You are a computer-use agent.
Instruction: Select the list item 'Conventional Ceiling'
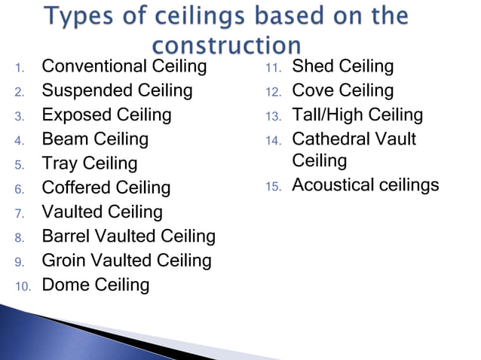[124, 67]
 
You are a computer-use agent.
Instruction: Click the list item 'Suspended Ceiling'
[117, 91]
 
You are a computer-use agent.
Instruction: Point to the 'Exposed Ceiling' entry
[106, 115]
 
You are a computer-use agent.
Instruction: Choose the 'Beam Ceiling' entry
[95, 139]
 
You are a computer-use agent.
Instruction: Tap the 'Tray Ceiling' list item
[89, 163]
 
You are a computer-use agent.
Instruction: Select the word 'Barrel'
[64, 236]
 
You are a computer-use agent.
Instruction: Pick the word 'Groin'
[62, 261]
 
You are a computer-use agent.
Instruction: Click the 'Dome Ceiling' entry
[95, 285]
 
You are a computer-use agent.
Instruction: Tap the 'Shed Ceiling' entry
[342, 67]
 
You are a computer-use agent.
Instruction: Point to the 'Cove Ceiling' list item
[342, 91]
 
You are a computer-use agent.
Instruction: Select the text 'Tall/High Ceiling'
[357, 115]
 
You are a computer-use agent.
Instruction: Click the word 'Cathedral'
[331, 139]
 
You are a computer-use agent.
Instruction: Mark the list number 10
[23, 286]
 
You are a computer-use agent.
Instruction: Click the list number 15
[273, 186]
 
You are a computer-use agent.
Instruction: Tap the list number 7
[20, 213]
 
